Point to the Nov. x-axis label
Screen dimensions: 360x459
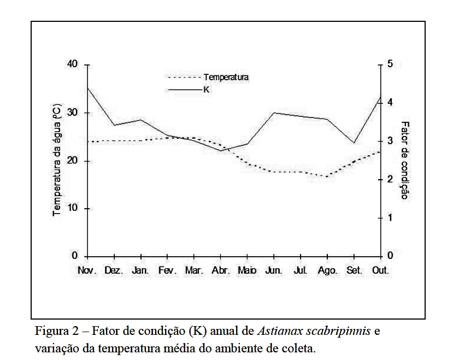point(87,270)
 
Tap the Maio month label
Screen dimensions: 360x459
point(247,270)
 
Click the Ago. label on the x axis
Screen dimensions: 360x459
point(327,270)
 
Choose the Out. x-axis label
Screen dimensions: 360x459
point(380,270)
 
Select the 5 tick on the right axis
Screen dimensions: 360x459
point(390,64)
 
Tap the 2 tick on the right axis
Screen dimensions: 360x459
point(390,179)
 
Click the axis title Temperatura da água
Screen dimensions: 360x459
point(57,160)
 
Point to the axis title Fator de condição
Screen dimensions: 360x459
point(404,160)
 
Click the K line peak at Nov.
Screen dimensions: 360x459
point(87,87)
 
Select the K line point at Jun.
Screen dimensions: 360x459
point(273,113)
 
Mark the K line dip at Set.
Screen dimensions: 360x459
point(354,143)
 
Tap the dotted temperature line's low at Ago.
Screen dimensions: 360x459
point(327,176)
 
